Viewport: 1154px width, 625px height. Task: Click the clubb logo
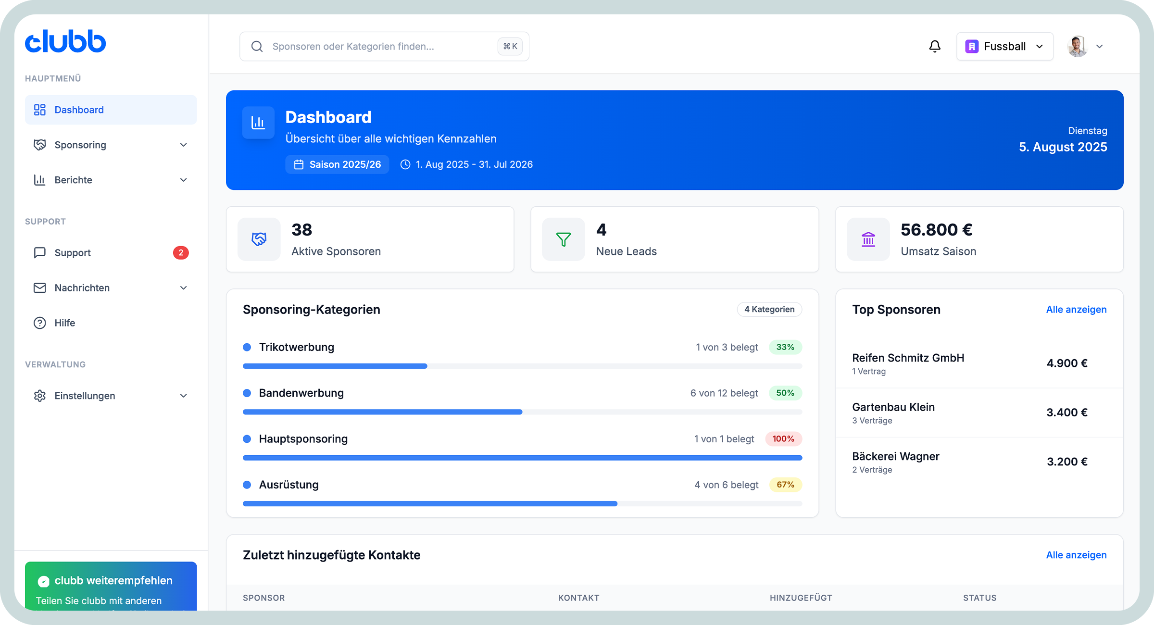(65, 42)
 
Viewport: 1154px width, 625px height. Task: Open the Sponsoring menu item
(80, 145)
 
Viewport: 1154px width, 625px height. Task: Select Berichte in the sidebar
(73, 180)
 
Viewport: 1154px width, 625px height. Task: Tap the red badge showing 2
(181, 252)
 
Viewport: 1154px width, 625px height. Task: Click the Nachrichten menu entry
(82, 287)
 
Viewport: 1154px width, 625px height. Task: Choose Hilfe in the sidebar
(64, 323)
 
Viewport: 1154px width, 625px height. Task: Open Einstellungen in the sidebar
(85, 396)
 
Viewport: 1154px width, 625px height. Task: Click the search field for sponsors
(375, 46)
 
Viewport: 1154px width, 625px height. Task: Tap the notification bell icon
(935, 46)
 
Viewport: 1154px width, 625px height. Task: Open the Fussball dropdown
(1004, 46)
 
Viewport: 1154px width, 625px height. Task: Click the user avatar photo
(1077, 46)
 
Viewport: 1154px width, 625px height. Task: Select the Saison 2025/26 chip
(337, 164)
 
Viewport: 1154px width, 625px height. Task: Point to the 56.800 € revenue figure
(936, 230)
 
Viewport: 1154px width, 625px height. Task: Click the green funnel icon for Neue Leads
(563, 239)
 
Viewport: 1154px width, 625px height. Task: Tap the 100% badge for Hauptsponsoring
(783, 438)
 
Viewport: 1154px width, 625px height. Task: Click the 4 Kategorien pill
(769, 309)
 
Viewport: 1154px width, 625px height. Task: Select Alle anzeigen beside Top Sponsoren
(1076, 309)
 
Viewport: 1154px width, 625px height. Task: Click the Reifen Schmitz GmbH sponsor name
(908, 358)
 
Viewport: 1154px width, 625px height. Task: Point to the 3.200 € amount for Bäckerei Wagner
(1067, 462)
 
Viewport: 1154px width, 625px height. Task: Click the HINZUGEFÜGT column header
(801, 598)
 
